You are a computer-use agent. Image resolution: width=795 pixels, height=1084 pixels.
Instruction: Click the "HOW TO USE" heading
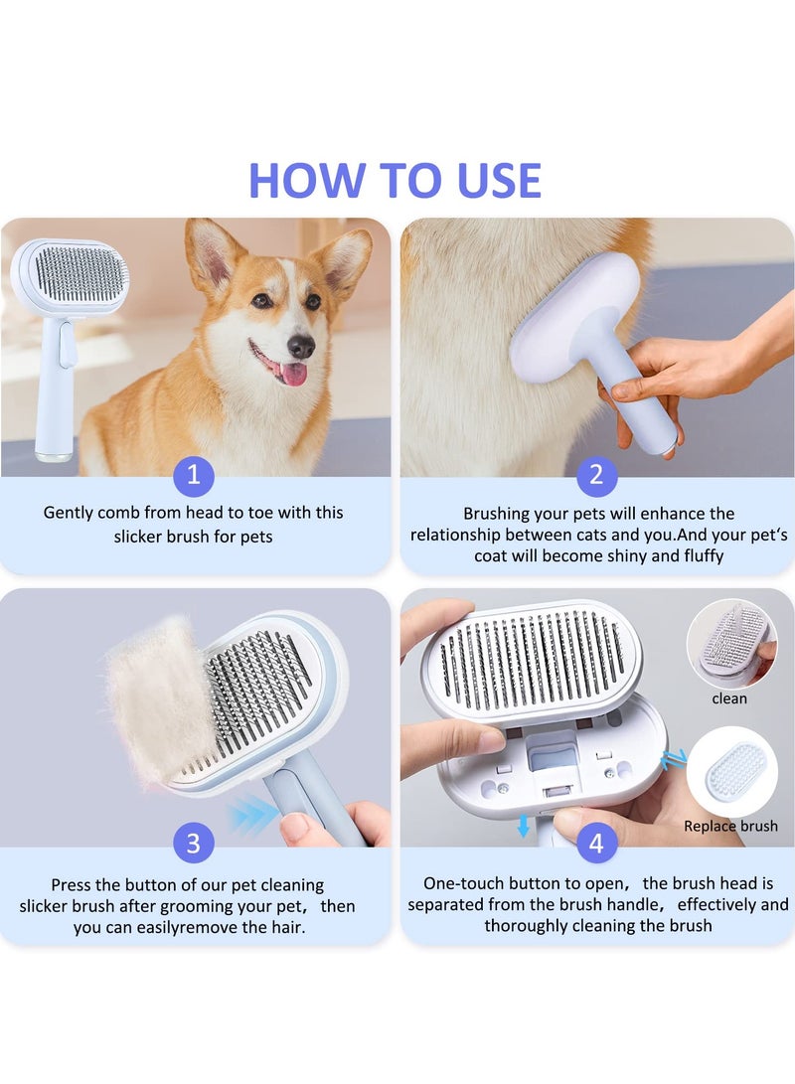pyautogui.click(x=395, y=180)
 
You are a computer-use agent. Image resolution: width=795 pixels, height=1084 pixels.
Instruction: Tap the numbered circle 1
pyautogui.click(x=194, y=474)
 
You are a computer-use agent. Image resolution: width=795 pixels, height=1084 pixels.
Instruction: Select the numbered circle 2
pyautogui.click(x=596, y=474)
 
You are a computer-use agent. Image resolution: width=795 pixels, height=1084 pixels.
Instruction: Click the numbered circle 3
pyautogui.click(x=194, y=843)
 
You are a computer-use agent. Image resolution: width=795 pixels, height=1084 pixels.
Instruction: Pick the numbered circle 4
pyautogui.click(x=596, y=843)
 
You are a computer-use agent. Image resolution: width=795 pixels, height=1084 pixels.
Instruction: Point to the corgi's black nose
pyautogui.click(x=301, y=345)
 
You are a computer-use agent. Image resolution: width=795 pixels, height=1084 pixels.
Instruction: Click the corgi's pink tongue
pyautogui.click(x=294, y=374)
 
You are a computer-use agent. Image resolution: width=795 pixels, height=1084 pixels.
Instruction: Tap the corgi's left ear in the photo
pyautogui.click(x=211, y=254)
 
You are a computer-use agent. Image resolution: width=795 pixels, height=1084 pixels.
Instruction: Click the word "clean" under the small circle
pyautogui.click(x=729, y=698)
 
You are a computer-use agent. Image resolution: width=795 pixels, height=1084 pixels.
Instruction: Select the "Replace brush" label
pyautogui.click(x=730, y=826)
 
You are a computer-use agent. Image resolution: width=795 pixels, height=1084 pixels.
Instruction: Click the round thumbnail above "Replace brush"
pyautogui.click(x=732, y=772)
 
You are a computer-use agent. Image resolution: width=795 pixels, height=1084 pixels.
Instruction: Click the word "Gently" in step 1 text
pyautogui.click(x=68, y=513)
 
